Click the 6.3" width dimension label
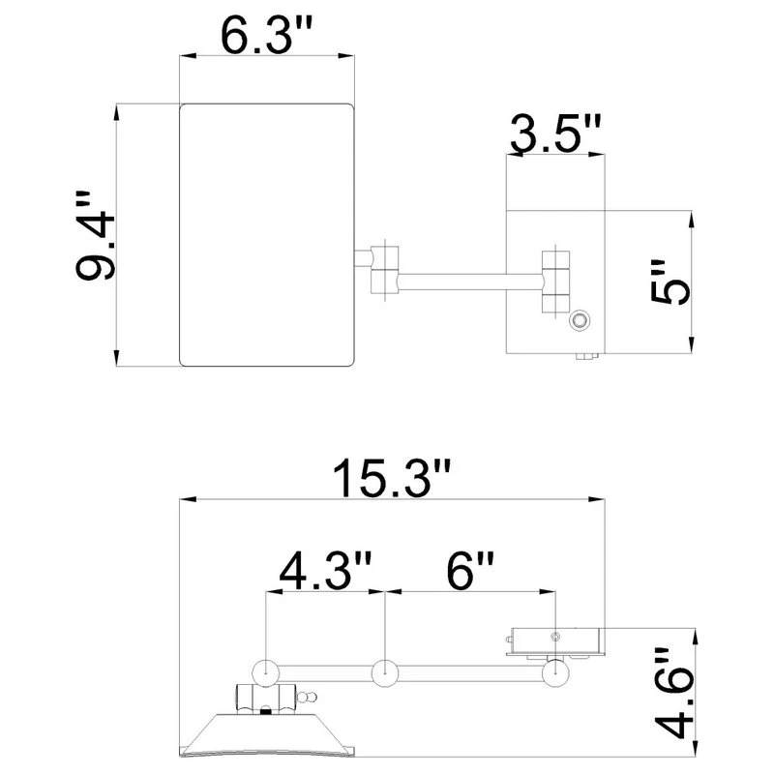coord(267,35)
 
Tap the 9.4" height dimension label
coord(95,235)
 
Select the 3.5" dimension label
coord(555,134)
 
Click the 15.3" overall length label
coord(392,477)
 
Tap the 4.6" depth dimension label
coord(674,693)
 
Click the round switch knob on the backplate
coord(579,321)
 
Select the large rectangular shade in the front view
coord(267,235)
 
